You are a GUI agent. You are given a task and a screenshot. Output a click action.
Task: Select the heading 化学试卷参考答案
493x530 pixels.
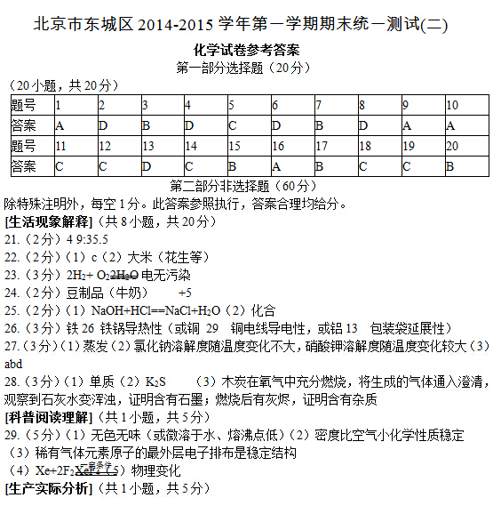[x=246, y=51]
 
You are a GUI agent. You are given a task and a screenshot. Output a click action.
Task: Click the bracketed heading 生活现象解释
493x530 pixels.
[x=48, y=221]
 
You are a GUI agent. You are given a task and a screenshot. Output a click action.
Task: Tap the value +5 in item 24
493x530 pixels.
[x=185, y=293]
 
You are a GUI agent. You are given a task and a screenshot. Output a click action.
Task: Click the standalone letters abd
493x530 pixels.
[x=13, y=364]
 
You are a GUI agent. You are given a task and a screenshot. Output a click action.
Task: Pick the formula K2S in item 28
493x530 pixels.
[x=156, y=381]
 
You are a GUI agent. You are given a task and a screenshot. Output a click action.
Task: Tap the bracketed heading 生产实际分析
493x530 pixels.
[x=48, y=488]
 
